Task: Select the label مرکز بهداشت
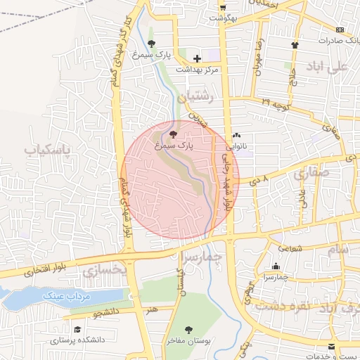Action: click(x=197, y=70)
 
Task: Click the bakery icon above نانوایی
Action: click(x=236, y=136)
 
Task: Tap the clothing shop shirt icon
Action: click(x=295, y=45)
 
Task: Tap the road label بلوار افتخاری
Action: click(x=48, y=268)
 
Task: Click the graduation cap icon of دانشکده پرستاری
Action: click(x=77, y=328)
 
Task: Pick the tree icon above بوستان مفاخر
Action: click(x=188, y=329)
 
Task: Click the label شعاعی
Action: click(x=290, y=247)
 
